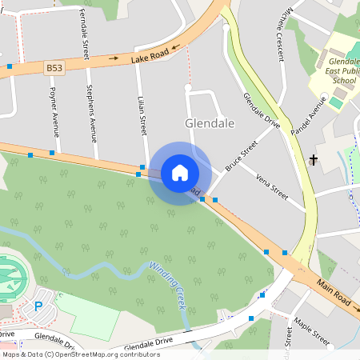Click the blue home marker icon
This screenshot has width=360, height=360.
[179, 172]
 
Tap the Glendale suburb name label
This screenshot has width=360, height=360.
[210, 124]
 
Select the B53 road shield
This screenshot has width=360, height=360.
[54, 69]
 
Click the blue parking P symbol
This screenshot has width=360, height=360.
[38, 306]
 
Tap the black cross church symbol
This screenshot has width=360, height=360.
[313, 160]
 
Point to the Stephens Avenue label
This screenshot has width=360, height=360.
[92, 113]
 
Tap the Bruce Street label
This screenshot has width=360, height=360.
[241, 155]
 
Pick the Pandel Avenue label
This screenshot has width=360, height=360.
[310, 116]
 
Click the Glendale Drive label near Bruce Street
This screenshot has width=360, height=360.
[262, 111]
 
